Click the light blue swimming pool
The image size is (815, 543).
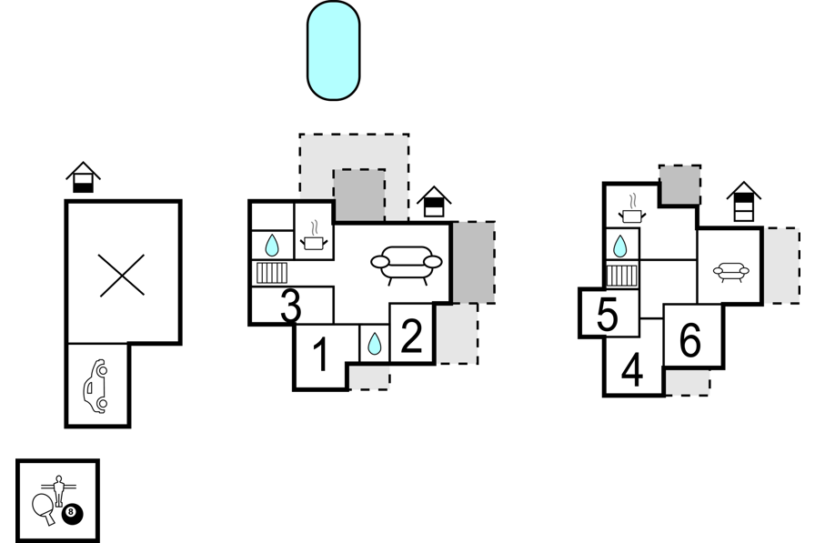pos(333,50)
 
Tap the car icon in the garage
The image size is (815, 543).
pos(96,386)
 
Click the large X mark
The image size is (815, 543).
pos(122,276)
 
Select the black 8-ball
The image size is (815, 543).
pos(72,514)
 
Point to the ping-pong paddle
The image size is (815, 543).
pos(44,508)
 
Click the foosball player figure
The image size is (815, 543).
pos(59,490)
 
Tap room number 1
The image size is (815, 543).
pos(321,355)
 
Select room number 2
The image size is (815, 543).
pos(412,337)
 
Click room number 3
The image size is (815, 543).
pos(290,306)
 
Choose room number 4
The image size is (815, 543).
pos(632,369)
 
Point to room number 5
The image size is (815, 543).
pos(607,314)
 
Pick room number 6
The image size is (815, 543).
pos(690,340)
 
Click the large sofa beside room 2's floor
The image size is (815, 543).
pos(407,265)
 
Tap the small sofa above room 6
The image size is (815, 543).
pos(730,272)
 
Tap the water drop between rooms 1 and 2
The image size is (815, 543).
pos(374,344)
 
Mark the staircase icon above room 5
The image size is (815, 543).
pos(621,276)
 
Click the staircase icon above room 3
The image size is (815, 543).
pos(272,273)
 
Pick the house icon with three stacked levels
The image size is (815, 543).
pos(744,202)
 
